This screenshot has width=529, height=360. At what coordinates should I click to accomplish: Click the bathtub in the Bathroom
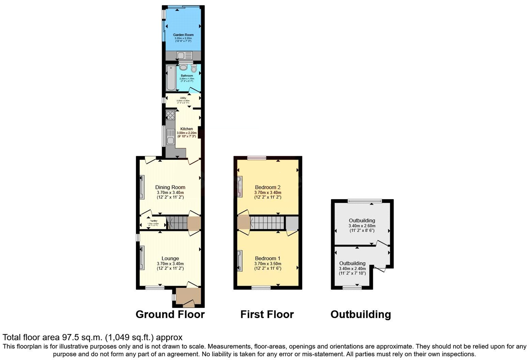171,78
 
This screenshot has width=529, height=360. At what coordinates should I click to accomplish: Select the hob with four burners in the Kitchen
170,115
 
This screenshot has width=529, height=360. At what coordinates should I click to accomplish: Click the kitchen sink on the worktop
170,136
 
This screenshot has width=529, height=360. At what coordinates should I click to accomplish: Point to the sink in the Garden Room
184,55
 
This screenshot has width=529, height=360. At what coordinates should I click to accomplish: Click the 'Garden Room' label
183,35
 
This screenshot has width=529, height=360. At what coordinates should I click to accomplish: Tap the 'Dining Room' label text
170,187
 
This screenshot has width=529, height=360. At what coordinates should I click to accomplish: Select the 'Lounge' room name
170,258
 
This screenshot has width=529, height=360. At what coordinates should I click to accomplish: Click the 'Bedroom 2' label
268,187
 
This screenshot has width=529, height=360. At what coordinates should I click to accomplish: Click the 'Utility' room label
183,98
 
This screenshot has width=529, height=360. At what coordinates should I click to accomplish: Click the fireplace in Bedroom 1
240,260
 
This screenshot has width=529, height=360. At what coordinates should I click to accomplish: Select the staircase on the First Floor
267,223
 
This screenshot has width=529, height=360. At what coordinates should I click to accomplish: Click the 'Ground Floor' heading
170,314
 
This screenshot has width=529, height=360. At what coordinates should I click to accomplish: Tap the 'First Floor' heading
267,314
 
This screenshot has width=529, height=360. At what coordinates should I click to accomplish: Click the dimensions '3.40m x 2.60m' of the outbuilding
362,226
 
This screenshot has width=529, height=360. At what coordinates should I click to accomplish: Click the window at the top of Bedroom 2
256,158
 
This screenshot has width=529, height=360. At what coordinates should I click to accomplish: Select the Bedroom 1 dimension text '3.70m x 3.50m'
268,264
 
